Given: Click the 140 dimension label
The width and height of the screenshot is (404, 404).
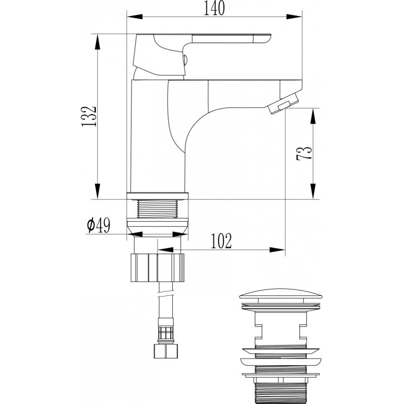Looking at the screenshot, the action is pyautogui.click(x=214, y=8).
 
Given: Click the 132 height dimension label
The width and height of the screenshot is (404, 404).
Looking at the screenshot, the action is pyautogui.click(x=89, y=116).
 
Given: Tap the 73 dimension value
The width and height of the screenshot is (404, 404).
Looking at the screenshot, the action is pyautogui.click(x=305, y=154).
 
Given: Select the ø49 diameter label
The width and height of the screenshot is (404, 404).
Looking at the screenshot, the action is pyautogui.click(x=98, y=225).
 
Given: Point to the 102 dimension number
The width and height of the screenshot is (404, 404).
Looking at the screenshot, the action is pyautogui.click(x=221, y=241).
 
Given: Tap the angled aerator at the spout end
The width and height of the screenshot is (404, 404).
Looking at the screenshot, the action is pyautogui.click(x=283, y=104).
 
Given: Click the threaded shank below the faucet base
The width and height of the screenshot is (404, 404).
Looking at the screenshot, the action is pyautogui.click(x=158, y=209).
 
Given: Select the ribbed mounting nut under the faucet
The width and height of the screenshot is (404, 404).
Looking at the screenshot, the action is pyautogui.click(x=158, y=268).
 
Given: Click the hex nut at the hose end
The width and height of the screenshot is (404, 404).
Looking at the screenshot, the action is pyautogui.click(x=165, y=351).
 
